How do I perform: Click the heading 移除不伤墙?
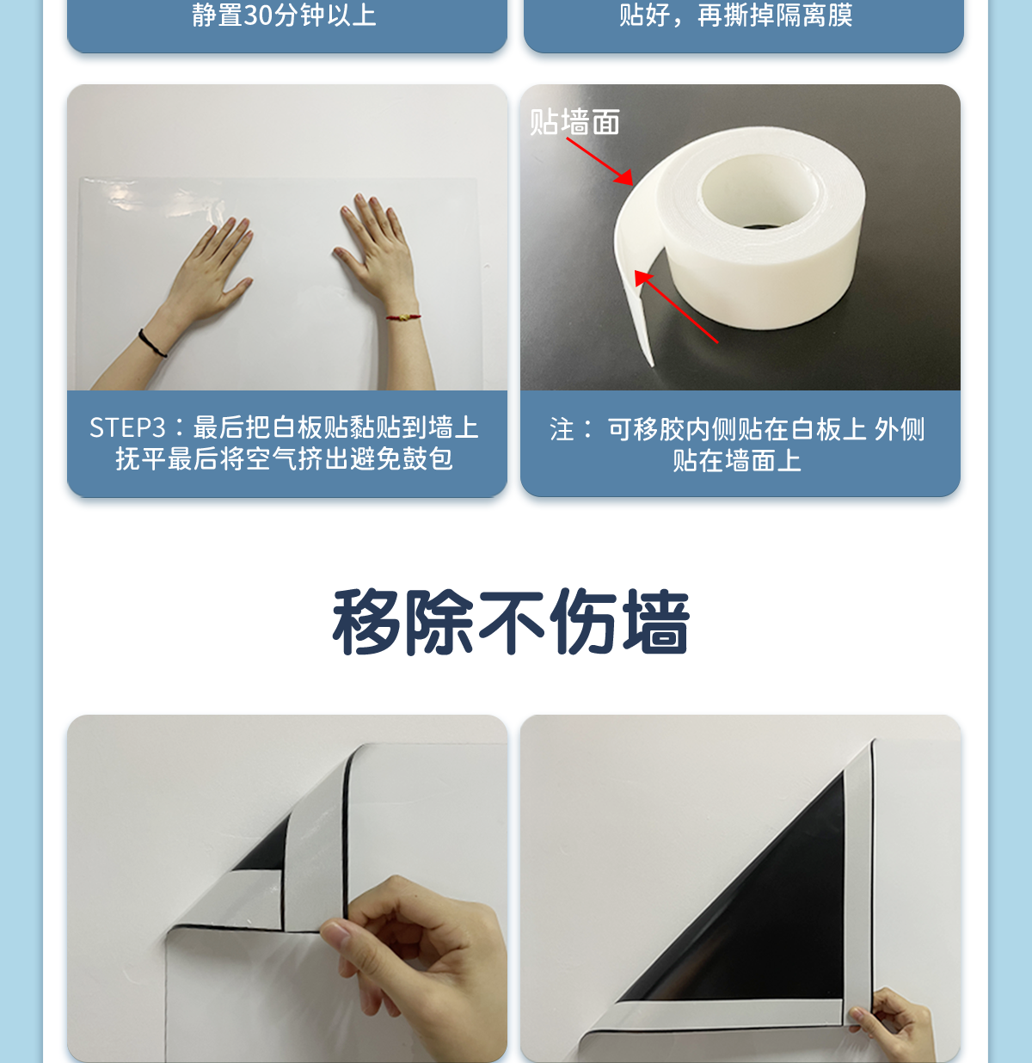[512, 622]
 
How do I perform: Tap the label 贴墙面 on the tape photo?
[574, 121]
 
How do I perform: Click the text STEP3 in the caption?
[127, 427]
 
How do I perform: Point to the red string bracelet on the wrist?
[403, 316]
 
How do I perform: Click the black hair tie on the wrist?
[151, 344]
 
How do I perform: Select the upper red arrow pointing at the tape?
[599, 161]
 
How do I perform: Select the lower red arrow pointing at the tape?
[676, 306]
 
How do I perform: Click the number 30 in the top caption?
[258, 15]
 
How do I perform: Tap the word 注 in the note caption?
[562, 429]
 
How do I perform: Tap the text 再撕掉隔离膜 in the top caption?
[775, 15]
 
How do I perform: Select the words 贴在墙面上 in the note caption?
[737, 460]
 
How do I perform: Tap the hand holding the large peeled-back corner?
[896, 1016]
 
